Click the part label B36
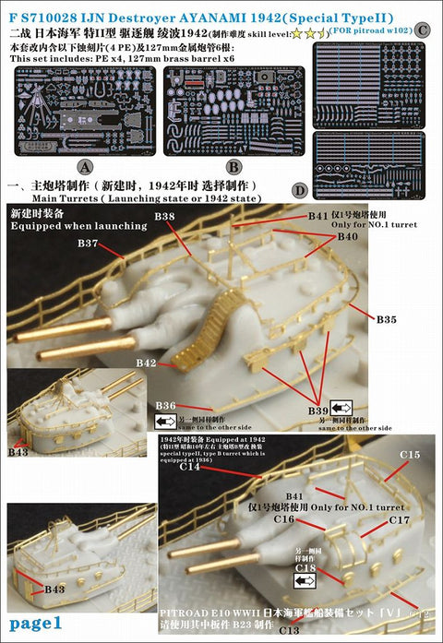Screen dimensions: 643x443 click(166, 405)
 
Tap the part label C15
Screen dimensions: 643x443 click(409, 455)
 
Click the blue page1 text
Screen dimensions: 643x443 click(33, 624)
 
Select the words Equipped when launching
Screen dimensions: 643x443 click(78, 225)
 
